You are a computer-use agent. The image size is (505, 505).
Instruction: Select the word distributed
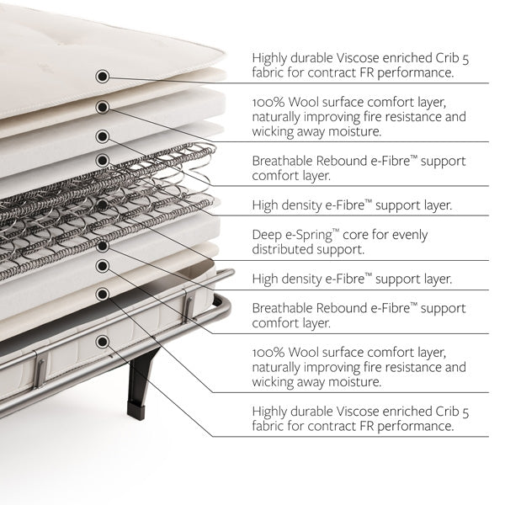coord(282,249)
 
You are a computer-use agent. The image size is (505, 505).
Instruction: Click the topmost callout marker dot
coord(103,77)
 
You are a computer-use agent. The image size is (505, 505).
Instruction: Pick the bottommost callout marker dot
coord(103,342)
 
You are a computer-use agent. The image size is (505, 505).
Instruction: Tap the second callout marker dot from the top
coord(103,107)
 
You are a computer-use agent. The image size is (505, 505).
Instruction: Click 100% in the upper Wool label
coord(268,103)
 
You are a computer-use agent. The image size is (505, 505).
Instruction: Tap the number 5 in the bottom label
coord(465,412)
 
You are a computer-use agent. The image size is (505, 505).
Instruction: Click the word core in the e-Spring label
coord(355,235)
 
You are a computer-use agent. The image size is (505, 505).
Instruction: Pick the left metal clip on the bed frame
coord(40,369)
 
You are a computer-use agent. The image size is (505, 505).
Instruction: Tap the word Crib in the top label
coord(448,58)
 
